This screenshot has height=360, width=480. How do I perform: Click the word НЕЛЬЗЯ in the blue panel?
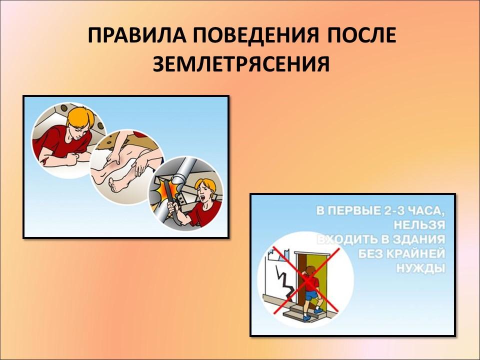(419, 225)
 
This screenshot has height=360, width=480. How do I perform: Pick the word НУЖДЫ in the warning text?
(420, 268)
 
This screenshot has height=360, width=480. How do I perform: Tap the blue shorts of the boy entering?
(311, 295)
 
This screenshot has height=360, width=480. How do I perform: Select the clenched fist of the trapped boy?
(72, 159)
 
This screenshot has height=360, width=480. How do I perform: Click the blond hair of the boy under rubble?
(81, 118)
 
